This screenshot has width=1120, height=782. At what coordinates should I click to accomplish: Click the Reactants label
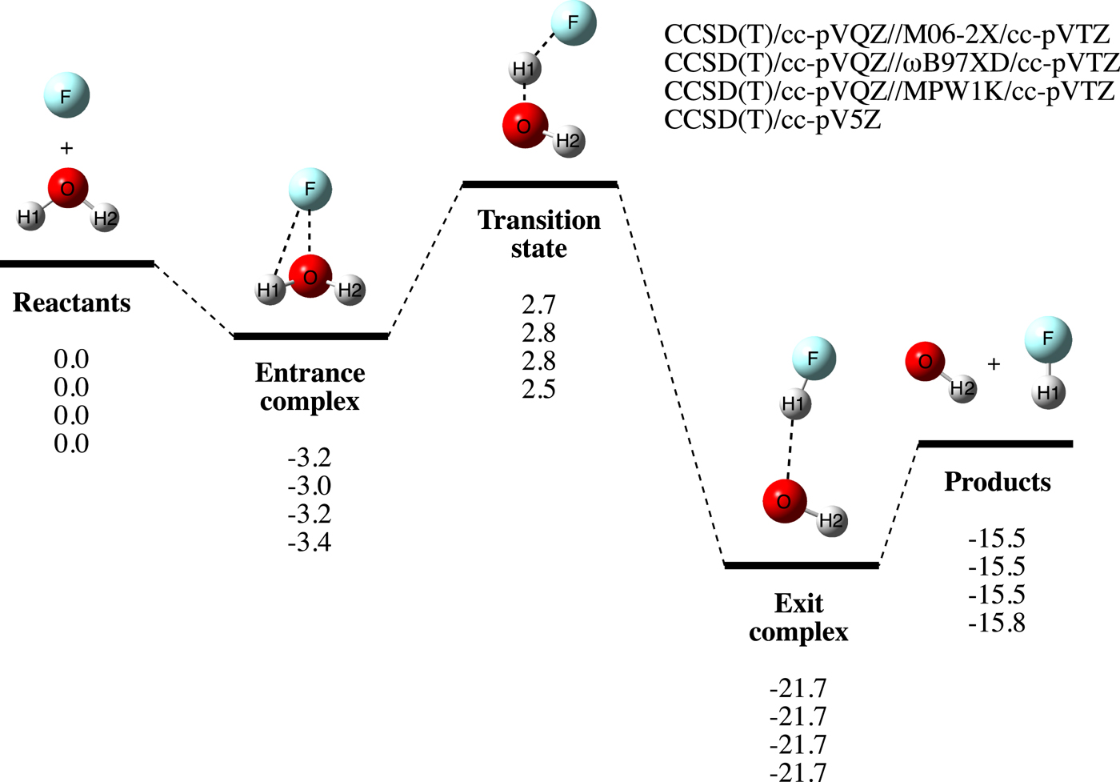click(72, 303)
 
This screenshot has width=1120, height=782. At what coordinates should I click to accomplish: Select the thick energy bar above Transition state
click(540, 185)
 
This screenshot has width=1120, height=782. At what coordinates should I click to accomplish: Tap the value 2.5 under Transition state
click(538, 390)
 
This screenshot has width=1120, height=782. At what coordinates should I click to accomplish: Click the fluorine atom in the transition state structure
click(573, 22)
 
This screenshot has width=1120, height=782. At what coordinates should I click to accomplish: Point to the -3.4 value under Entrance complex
click(310, 543)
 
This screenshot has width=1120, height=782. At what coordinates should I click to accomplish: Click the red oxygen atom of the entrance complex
click(310, 277)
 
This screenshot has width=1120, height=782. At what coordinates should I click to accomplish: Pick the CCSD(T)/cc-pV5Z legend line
click(773, 119)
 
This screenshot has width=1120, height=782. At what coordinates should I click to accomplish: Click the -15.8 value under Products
click(997, 623)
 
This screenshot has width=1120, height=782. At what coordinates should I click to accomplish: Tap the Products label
click(998, 482)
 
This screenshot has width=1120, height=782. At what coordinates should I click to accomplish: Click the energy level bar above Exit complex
click(802, 566)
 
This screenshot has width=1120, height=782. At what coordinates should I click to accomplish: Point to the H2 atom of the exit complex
click(831, 521)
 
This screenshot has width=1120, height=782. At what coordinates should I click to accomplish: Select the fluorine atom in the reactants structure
click(66, 96)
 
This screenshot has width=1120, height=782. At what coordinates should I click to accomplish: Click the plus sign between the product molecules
click(994, 364)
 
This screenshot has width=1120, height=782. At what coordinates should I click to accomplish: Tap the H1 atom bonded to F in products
click(1048, 393)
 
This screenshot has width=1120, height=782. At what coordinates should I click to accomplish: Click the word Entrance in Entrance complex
click(310, 373)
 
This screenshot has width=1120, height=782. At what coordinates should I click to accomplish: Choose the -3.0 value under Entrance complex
click(310, 486)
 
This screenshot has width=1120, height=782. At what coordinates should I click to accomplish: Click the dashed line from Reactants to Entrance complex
click(193, 299)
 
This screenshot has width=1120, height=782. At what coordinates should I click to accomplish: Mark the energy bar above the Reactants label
click(77, 263)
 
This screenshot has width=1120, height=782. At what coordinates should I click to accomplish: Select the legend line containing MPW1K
click(889, 91)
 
